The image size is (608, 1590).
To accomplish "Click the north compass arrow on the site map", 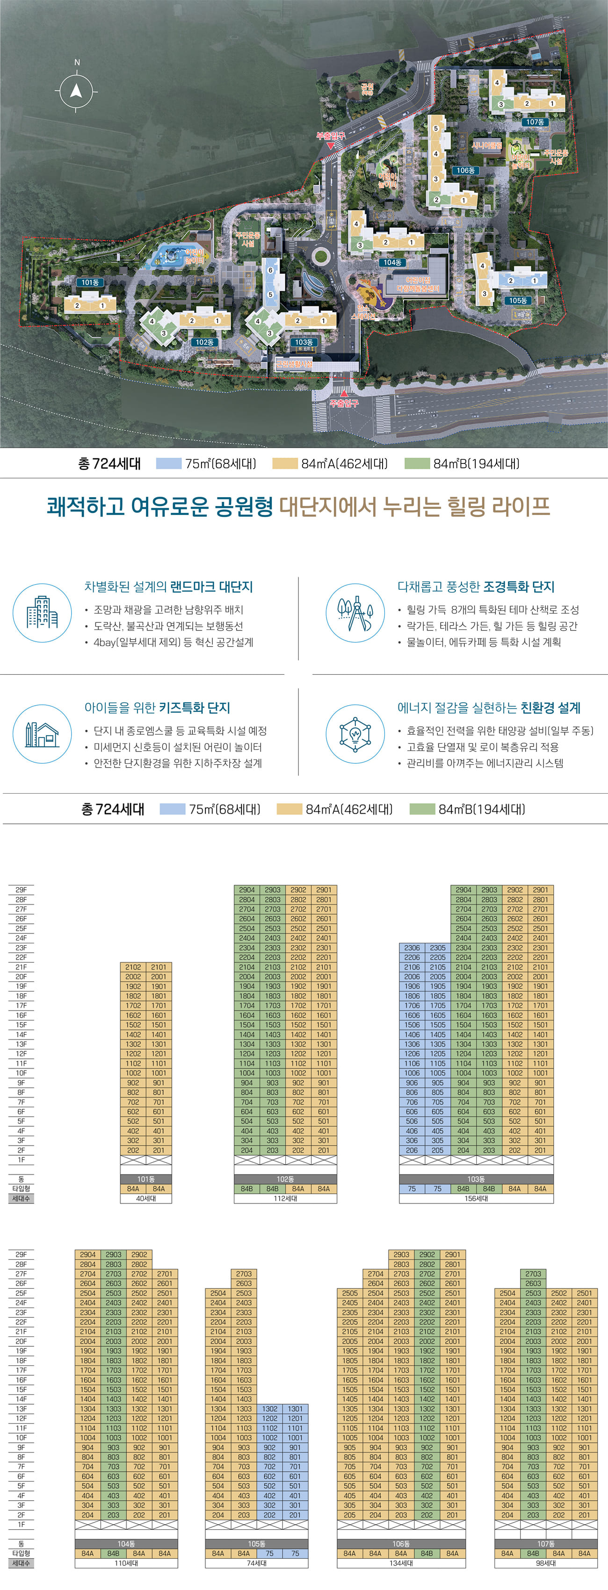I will tap(76, 91).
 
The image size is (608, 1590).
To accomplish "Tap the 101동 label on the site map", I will tap(90, 282).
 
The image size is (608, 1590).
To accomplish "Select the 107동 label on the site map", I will tap(535, 122).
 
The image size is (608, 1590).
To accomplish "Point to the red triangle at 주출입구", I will tap(344, 392).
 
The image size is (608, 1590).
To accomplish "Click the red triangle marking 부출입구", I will tap(331, 145).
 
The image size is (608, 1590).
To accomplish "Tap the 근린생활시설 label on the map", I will tap(294, 364).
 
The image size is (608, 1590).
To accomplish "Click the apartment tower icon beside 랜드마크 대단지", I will tap(42, 613).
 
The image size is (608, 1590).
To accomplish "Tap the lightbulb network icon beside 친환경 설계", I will tap(355, 734).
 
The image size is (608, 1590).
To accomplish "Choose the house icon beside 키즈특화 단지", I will tap(42, 734).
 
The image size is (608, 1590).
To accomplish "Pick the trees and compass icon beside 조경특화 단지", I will tap(355, 613).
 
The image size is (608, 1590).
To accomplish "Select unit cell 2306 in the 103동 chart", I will tap(412, 947).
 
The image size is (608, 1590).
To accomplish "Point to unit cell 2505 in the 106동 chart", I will tap(349, 1293).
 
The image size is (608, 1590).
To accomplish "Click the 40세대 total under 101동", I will tap(145, 1198).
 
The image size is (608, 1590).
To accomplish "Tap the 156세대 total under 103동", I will tap(476, 1198).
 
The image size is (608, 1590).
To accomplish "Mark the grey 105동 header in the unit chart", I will tap(256, 1544).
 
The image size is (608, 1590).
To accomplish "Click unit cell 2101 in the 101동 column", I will tap(159, 967).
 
